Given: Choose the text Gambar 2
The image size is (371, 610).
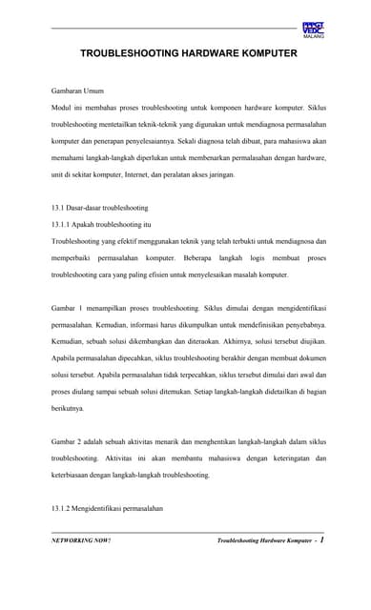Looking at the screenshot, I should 70,441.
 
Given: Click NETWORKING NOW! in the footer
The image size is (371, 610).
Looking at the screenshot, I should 81,540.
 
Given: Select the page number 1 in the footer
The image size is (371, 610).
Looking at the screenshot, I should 322,539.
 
